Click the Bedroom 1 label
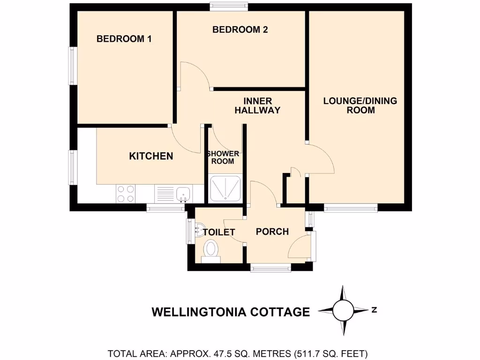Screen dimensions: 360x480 [124, 39]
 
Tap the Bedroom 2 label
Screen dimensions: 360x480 [240, 30]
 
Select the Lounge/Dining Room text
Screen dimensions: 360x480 [360, 105]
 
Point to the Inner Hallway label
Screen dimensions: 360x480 [257, 106]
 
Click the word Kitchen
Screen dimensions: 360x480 [151, 156]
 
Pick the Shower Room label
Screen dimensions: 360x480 [223, 157]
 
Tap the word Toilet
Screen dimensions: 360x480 [218, 232]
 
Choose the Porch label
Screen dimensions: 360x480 [272, 232]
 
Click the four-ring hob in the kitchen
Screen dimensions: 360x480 [125, 194]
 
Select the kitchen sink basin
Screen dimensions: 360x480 [183, 193]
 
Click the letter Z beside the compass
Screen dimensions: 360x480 [374, 309]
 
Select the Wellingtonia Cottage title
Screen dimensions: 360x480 [231, 312]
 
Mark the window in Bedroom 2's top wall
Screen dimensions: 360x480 [229, 6]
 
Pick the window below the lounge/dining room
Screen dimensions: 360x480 [351, 208]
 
